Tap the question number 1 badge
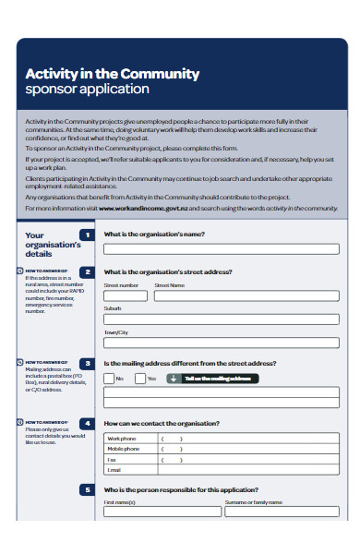pyautogui.click(x=87, y=235)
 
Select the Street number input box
pyautogui.click(x=126, y=296)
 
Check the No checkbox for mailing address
pyautogui.click(x=109, y=379)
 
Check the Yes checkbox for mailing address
pyautogui.click(x=139, y=379)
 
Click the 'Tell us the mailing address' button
pyautogui.click(x=210, y=379)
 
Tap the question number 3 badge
pyautogui.click(x=87, y=364)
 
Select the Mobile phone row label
pyautogui.click(x=124, y=449)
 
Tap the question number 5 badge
pyautogui.click(x=87, y=489)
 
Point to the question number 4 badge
pyautogui.click(x=87, y=424)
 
